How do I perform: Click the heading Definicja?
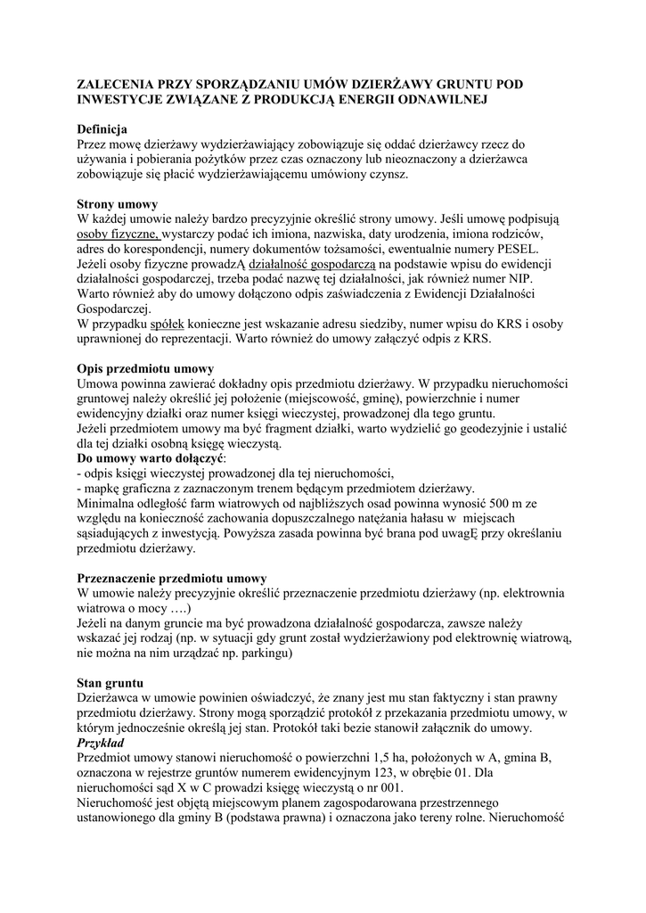click(102, 128)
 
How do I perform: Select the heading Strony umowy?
click(118, 203)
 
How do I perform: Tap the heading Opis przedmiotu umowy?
click(146, 368)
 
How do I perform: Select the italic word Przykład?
click(100, 743)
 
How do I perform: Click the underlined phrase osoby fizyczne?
click(119, 234)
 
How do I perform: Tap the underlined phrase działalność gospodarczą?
click(313, 264)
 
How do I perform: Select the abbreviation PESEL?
click(515, 249)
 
